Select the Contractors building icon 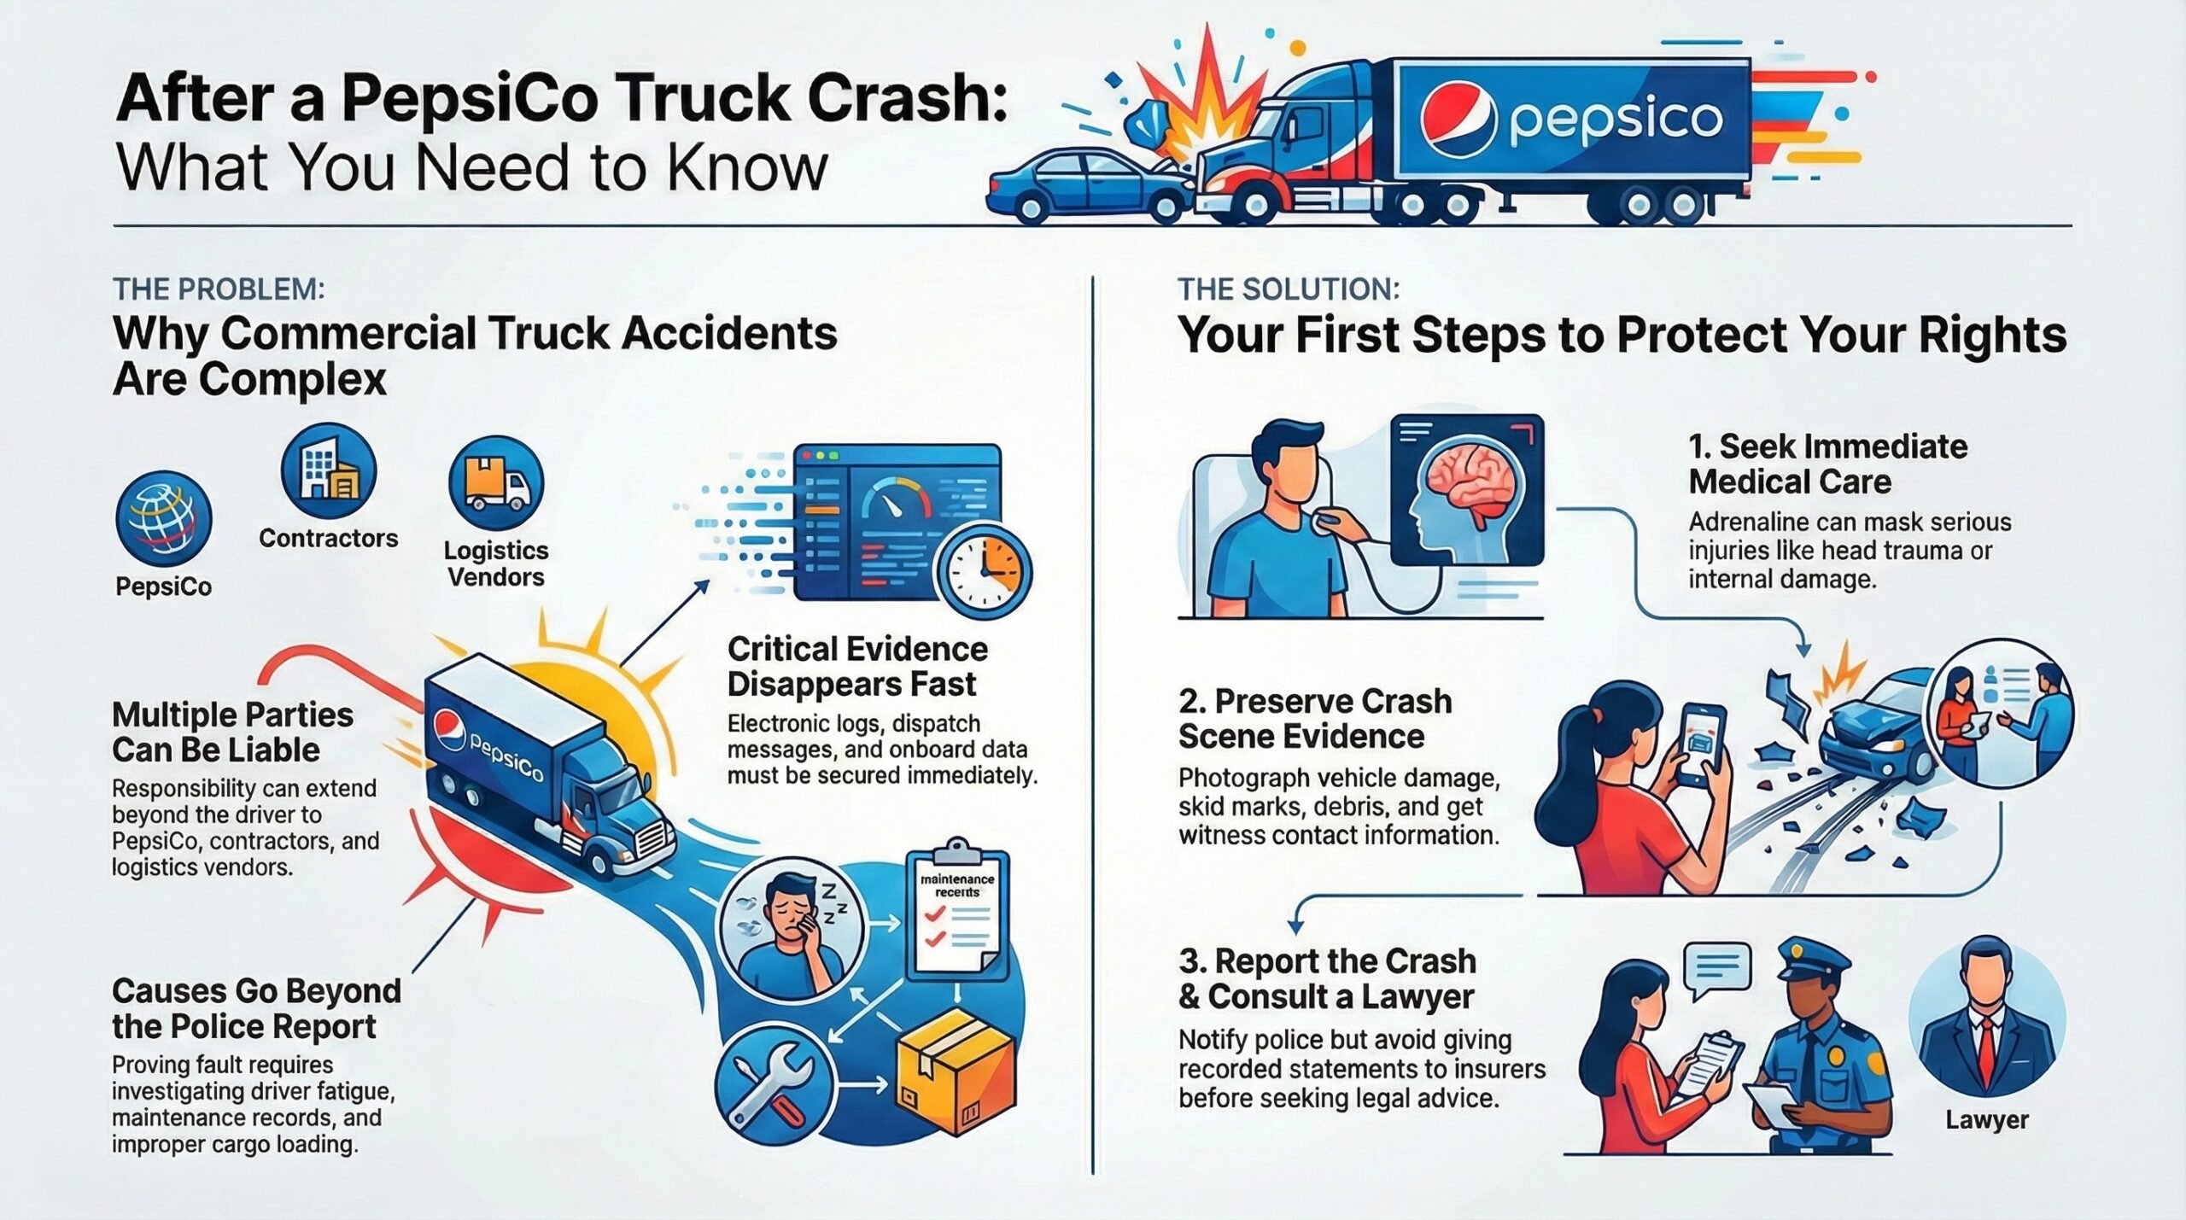pos(329,470)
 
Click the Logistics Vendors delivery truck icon pos(496,483)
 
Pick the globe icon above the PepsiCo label pos(164,520)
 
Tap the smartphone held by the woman pos(1702,744)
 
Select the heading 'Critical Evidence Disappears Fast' pos(857,667)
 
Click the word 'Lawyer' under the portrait pos(1986,1119)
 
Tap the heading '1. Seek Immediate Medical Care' pos(1827,464)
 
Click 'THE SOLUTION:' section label pos(1288,289)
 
